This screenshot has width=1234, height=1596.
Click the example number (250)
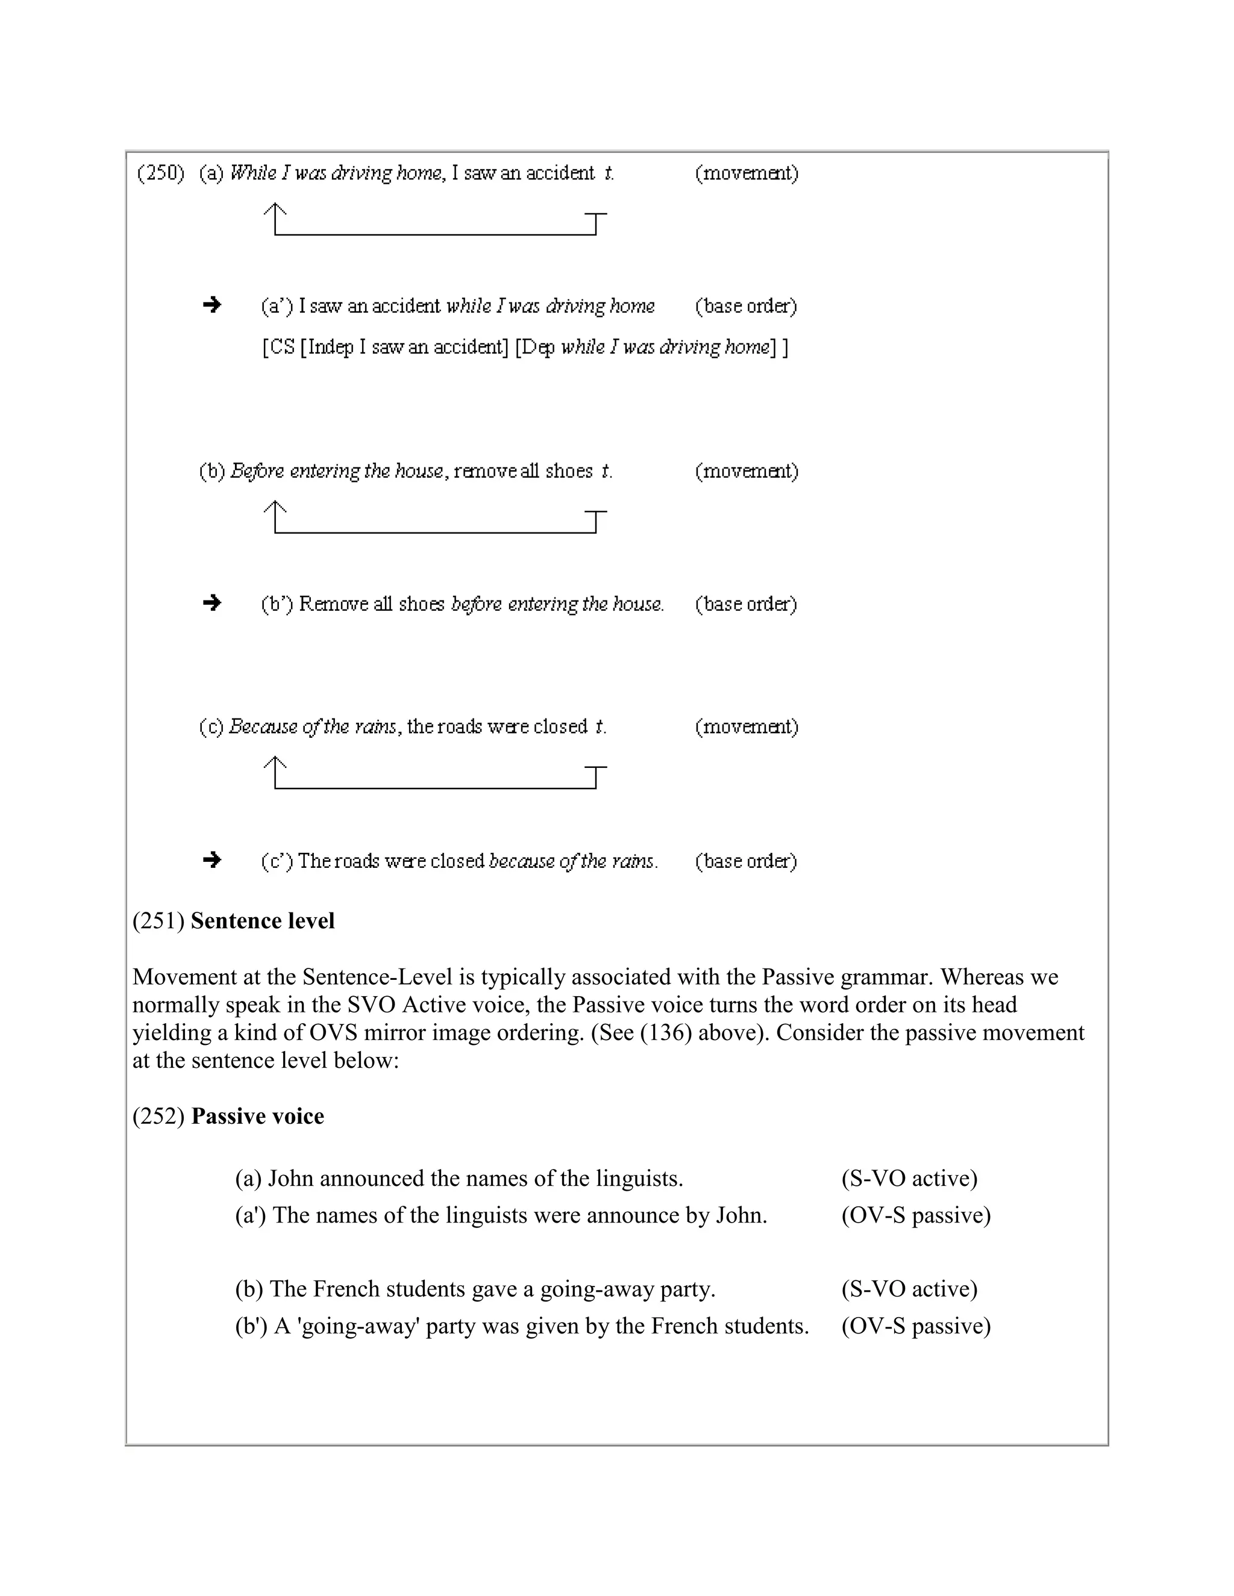(161, 173)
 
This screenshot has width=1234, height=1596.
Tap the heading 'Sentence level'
(263, 921)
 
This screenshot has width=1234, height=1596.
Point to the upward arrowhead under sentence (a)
(275, 210)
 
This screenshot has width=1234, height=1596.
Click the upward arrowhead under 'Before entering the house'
(275, 508)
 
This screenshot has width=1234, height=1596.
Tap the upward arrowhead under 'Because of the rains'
(275, 764)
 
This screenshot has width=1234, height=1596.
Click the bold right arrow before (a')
(212, 305)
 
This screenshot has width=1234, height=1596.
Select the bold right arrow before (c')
(212, 859)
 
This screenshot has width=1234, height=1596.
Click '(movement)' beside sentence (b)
(747, 472)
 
